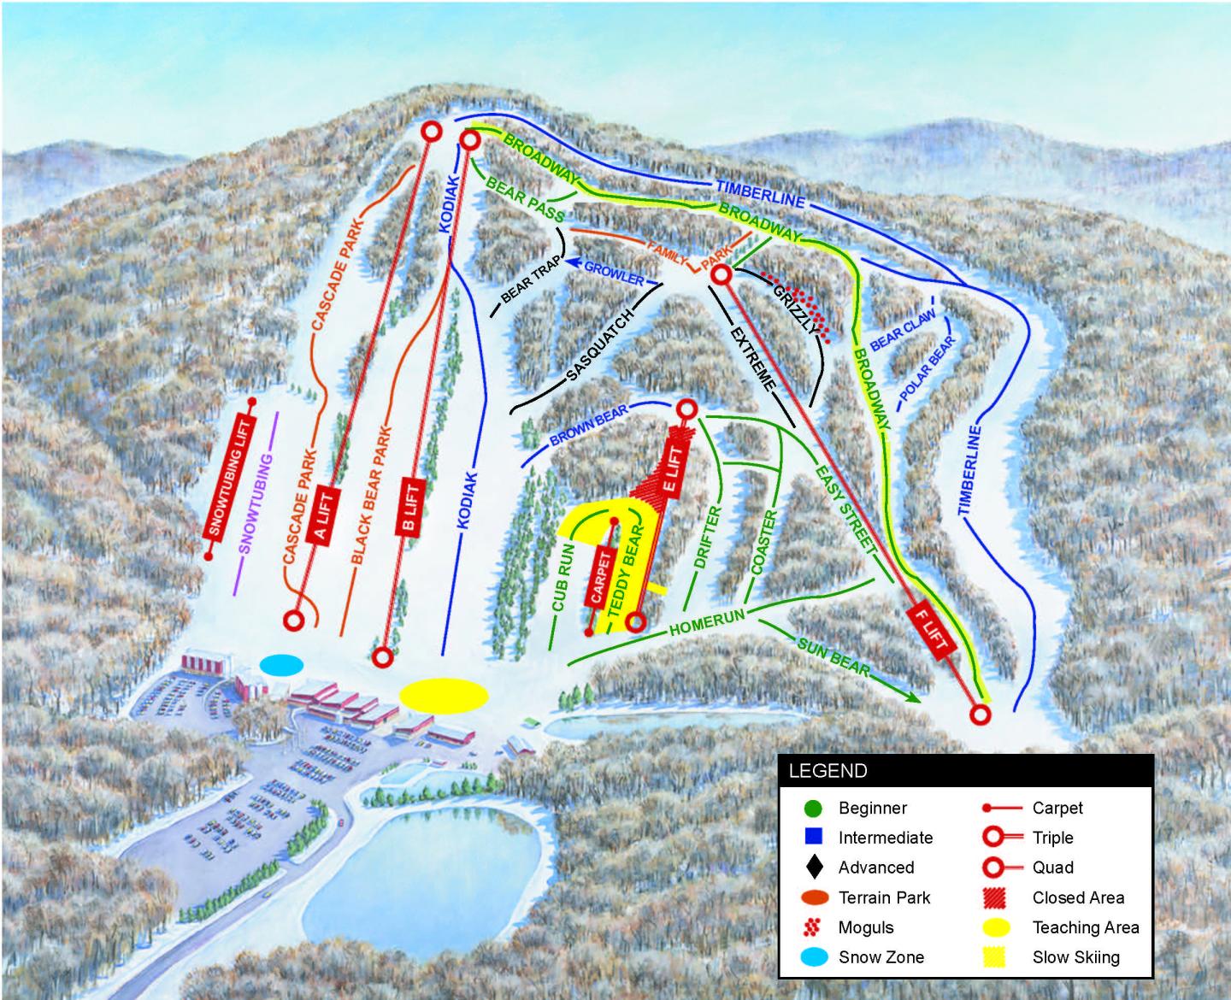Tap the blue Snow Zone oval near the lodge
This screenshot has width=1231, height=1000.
coord(282,665)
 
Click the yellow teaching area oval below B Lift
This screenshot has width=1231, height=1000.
coord(445,695)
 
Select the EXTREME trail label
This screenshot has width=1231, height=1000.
coord(753,356)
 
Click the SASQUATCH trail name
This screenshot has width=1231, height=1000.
coord(598,347)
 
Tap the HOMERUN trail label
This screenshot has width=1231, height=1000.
coord(708,622)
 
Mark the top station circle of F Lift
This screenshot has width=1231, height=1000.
coord(721,275)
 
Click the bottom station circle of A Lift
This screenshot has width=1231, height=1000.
coord(296,621)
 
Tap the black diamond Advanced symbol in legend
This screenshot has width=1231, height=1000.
coord(814,868)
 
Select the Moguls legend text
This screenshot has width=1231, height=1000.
coord(866,927)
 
